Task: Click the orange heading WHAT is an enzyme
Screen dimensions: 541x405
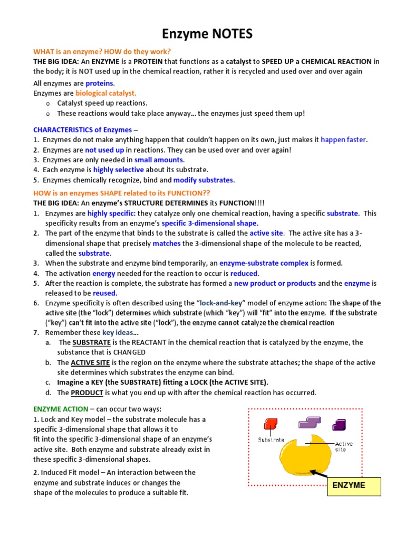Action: (102, 51)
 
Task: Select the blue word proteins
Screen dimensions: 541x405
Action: (100, 83)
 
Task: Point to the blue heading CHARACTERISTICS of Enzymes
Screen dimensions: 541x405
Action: (82, 129)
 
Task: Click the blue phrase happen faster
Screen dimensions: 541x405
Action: (343, 139)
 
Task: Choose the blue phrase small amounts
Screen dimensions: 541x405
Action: (159, 160)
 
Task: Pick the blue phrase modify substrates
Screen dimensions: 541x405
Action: (203, 180)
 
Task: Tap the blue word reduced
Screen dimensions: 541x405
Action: (244, 273)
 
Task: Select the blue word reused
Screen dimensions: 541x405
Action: (105, 293)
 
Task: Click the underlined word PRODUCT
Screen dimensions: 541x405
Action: (87, 393)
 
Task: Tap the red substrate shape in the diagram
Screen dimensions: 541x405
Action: (271, 423)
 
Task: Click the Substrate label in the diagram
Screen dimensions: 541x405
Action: (271, 440)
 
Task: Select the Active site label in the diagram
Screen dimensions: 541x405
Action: (344, 446)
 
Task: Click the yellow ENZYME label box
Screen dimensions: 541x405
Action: (354, 485)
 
